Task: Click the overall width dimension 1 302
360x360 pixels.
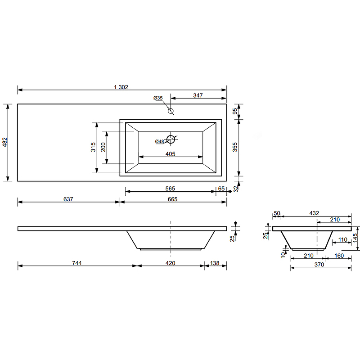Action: tap(121, 87)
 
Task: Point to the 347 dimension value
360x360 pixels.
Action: tap(198, 95)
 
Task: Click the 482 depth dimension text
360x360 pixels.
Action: tap(5, 142)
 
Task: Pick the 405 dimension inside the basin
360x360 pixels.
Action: tap(171, 154)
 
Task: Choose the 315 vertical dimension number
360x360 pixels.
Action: tap(93, 147)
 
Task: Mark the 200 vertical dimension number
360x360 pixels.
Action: tap(103, 147)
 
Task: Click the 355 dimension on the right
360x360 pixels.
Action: tap(234, 147)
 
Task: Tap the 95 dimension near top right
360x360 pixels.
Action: tap(234, 111)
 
